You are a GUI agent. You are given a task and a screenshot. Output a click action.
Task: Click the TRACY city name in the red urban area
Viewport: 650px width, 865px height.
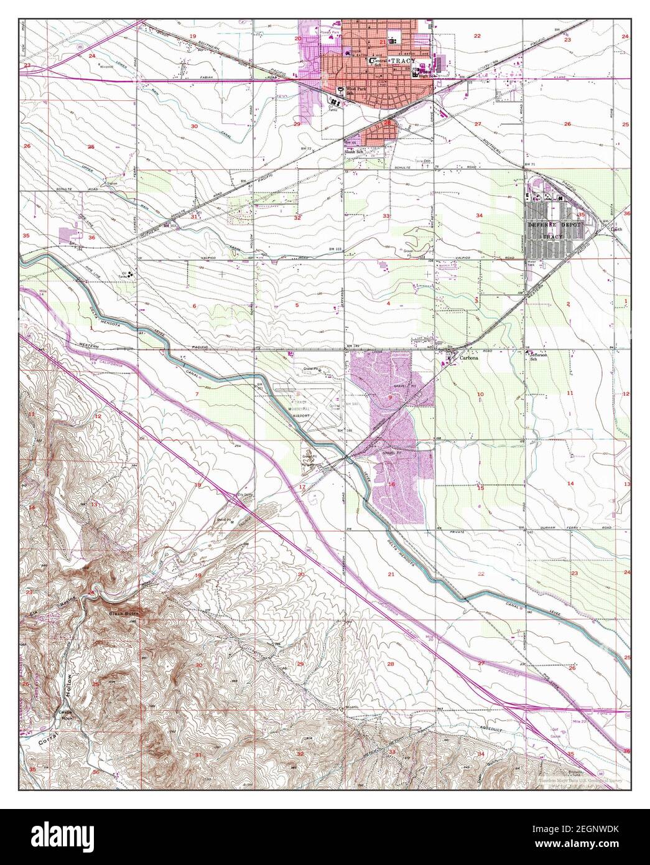(401, 61)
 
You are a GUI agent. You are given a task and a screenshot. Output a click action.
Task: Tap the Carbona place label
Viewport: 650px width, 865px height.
(467, 359)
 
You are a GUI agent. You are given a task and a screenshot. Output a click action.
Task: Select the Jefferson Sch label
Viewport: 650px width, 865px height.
(538, 357)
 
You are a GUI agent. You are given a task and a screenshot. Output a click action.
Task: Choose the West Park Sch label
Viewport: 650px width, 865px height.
(356, 91)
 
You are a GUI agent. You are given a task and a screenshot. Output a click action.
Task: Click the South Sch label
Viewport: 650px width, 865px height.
(355, 152)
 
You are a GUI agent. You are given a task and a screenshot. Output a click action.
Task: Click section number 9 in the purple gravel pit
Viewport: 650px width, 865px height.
(391, 397)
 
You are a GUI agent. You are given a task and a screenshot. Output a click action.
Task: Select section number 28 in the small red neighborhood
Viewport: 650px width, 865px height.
(388, 123)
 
